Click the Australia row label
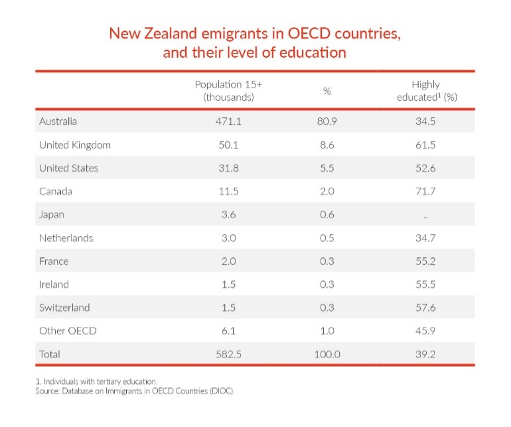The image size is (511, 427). click(58, 121)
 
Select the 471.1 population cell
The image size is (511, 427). click(228, 121)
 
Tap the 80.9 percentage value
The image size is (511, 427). click(327, 121)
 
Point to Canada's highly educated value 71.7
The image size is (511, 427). click(425, 191)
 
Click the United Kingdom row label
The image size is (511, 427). click(74, 145)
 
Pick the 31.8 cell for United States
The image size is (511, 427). click(228, 168)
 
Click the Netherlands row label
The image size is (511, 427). click(66, 238)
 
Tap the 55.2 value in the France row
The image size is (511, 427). click(425, 261)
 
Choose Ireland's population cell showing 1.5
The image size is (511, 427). click(228, 284)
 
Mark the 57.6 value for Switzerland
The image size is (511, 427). click(425, 308)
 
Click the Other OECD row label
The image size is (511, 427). click(68, 331)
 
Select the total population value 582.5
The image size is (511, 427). click(228, 354)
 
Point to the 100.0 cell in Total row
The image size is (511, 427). click(327, 354)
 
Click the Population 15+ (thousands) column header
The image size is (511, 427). click(228, 91)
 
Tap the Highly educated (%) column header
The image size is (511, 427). click(425, 91)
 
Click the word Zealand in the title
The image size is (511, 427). click(173, 34)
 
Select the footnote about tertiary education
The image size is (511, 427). click(96, 381)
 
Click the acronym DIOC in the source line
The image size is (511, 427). click(221, 391)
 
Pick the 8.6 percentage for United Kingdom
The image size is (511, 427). click(327, 145)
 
